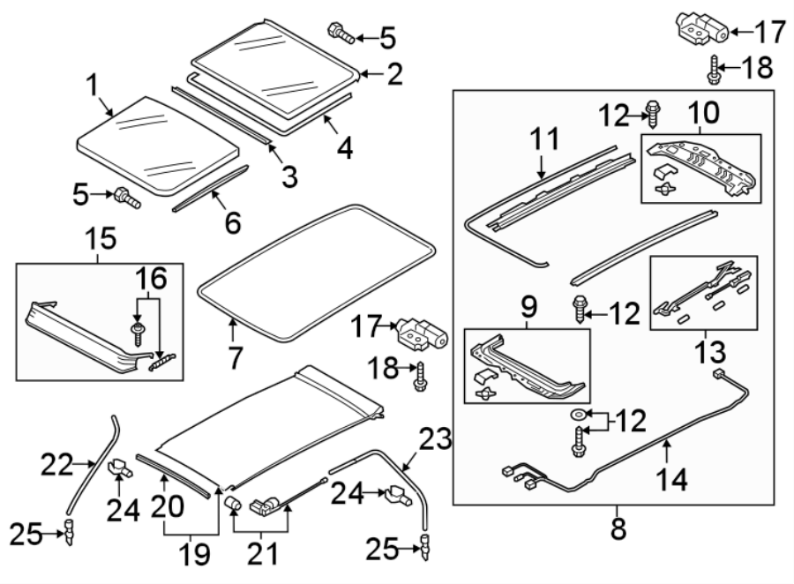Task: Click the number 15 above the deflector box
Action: point(99,239)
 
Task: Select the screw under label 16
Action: point(137,333)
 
